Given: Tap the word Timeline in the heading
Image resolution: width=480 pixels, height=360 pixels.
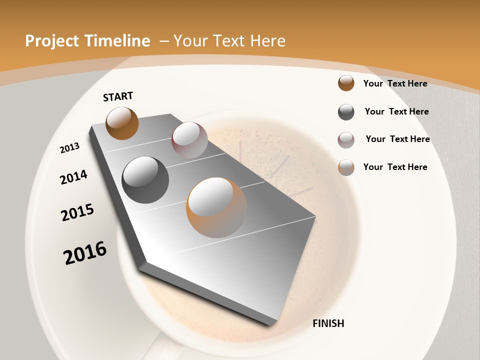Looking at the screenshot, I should tap(117, 41).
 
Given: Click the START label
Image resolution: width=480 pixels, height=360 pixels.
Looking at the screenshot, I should tap(118, 96).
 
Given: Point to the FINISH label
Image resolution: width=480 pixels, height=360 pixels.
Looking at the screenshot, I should tap(328, 323).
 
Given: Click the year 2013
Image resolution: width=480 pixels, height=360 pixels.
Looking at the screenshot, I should tap(70, 147).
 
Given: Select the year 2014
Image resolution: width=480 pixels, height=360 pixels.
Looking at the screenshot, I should tap(73, 177).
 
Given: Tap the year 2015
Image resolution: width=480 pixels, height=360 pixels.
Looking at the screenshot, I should tap(77, 212).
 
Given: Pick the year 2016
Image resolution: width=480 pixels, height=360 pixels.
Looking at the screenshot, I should tap(85, 252).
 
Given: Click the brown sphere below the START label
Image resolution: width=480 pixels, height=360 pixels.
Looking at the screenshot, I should tap(122, 123).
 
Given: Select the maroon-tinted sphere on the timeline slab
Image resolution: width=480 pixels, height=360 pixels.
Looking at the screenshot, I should tap(189, 140).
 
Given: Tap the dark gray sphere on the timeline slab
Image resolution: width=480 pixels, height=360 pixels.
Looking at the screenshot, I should tap(145, 180).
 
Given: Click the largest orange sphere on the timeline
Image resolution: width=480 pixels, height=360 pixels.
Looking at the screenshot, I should tap(216, 207).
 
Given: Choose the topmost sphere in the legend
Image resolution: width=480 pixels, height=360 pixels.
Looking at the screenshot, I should tap(346, 83).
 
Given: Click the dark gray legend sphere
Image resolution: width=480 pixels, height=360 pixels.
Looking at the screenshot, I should tap(346, 112).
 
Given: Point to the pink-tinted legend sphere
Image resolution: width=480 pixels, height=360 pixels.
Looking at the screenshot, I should tap(346, 140).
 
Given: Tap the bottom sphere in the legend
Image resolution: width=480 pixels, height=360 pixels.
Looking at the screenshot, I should tap(346, 167).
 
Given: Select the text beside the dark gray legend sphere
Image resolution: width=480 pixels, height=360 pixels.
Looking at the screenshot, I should tap(396, 111).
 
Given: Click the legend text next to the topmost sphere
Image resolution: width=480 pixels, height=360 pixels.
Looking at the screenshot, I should tap(395, 83).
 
